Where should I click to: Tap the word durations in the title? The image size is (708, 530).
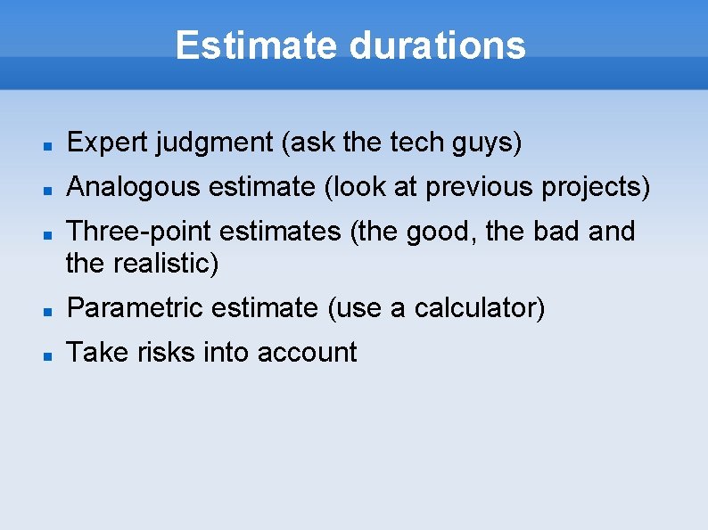point(438,45)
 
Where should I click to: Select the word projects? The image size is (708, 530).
point(599,187)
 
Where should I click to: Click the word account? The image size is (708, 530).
point(307,353)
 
